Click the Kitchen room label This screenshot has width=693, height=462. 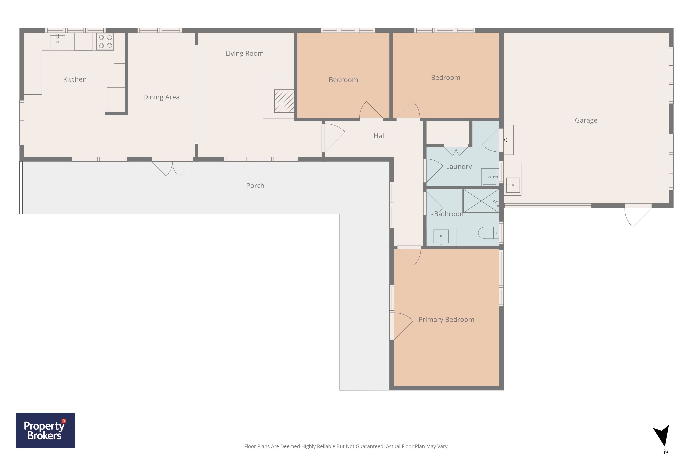[75, 79]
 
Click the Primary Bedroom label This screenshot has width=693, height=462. [446, 320]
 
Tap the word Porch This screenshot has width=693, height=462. [255, 186]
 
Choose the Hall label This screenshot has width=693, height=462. [379, 136]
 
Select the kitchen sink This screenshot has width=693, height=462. [58, 42]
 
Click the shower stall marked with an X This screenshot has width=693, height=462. [481, 201]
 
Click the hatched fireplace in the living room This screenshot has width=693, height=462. [284, 101]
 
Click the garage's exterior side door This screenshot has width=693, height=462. [638, 215]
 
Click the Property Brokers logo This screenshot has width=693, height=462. [45, 430]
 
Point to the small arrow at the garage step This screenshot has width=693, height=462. [508, 140]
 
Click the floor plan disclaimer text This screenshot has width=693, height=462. [346, 446]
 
